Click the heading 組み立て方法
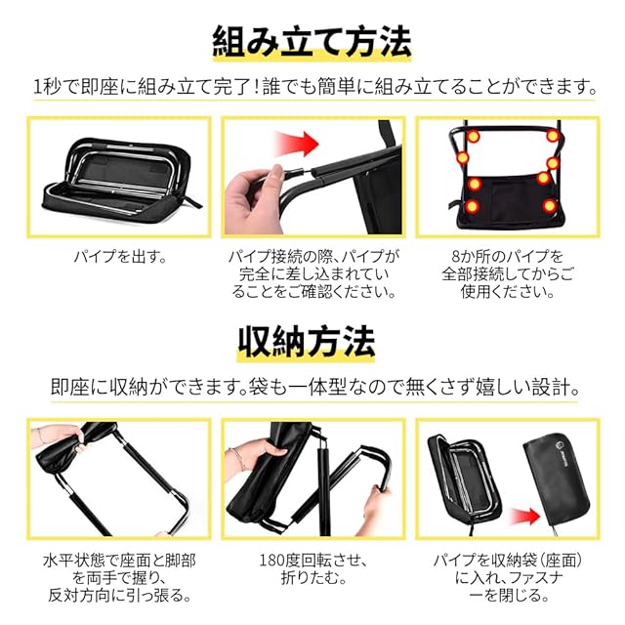(312, 41)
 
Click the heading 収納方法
(306, 342)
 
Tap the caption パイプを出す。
(120, 256)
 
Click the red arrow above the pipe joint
(297, 143)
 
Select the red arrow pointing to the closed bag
(525, 517)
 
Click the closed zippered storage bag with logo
(557, 484)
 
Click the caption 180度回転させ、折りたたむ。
(312, 568)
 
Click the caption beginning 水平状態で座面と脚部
(119, 577)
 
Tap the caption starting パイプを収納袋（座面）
(508, 577)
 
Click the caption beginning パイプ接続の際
(313, 274)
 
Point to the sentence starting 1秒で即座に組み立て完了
(314, 87)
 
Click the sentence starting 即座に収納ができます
(314, 387)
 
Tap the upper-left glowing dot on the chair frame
(473, 137)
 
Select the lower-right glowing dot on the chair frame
(550, 206)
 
